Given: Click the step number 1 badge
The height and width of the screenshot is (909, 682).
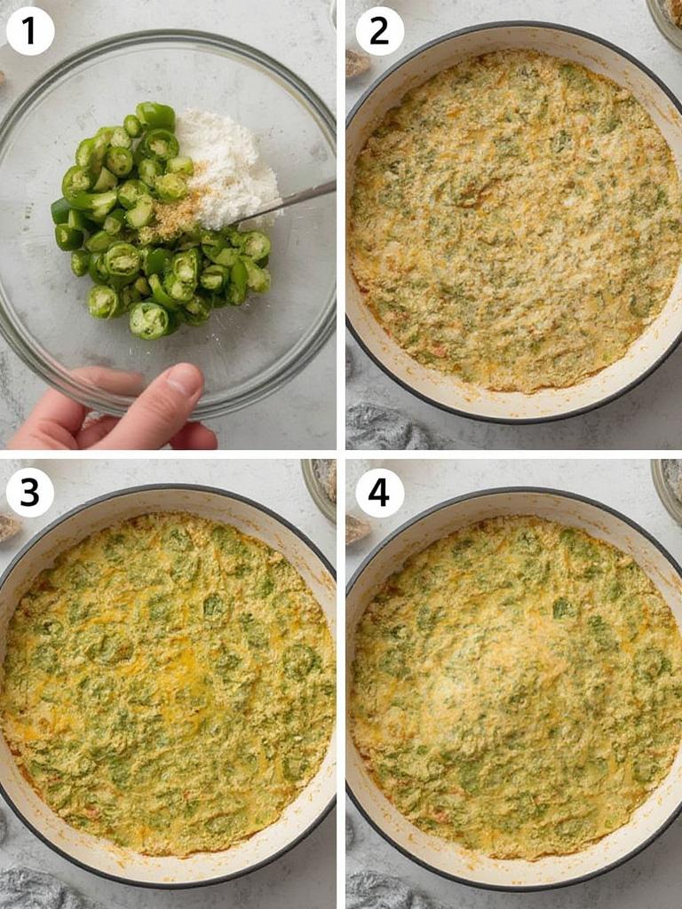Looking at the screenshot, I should tap(29, 31).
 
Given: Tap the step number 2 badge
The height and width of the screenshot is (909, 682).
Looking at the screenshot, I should tap(379, 31).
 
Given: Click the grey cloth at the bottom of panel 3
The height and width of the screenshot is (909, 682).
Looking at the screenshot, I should tap(36, 888).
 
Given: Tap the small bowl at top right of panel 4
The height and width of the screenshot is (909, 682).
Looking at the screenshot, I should tap(668, 484).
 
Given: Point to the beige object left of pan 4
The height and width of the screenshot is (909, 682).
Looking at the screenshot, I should tap(357, 529).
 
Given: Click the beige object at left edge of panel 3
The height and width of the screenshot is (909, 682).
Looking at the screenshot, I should tap(8, 528).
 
